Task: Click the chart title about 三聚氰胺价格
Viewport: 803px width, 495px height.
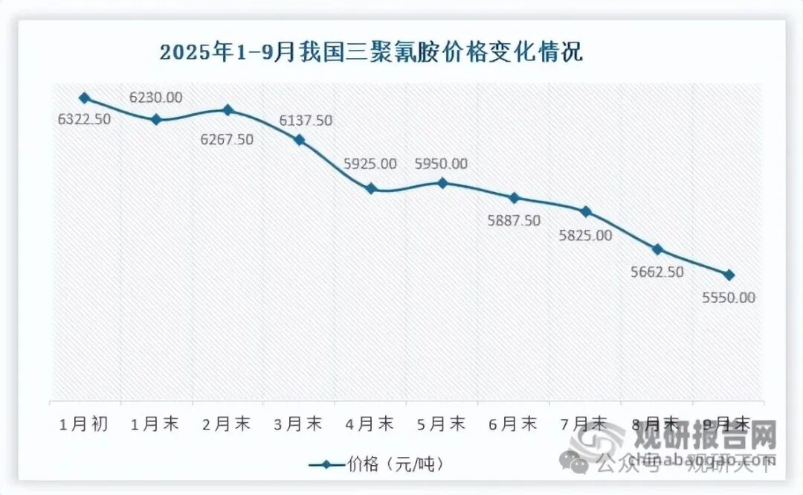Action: (371, 53)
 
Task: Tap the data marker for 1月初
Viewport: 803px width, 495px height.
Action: (85, 98)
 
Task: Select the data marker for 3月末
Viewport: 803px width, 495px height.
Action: (300, 140)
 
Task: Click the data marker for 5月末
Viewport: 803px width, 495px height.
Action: (443, 182)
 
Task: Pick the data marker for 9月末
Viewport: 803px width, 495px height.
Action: (729, 275)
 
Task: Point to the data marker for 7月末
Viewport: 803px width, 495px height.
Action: (586, 212)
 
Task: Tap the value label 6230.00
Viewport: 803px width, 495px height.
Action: (155, 98)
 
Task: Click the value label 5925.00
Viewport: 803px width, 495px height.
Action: (370, 164)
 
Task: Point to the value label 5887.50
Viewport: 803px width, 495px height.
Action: (514, 220)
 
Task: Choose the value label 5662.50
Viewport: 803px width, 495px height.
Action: (657, 272)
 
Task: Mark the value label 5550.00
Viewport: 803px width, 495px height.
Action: (728, 298)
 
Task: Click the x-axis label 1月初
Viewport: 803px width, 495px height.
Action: (85, 424)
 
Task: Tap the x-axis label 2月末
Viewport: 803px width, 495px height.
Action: (228, 424)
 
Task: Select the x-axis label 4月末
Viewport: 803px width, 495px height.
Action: (370, 424)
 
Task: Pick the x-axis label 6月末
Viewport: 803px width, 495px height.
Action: (514, 424)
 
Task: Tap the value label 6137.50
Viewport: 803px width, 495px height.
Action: (306, 121)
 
